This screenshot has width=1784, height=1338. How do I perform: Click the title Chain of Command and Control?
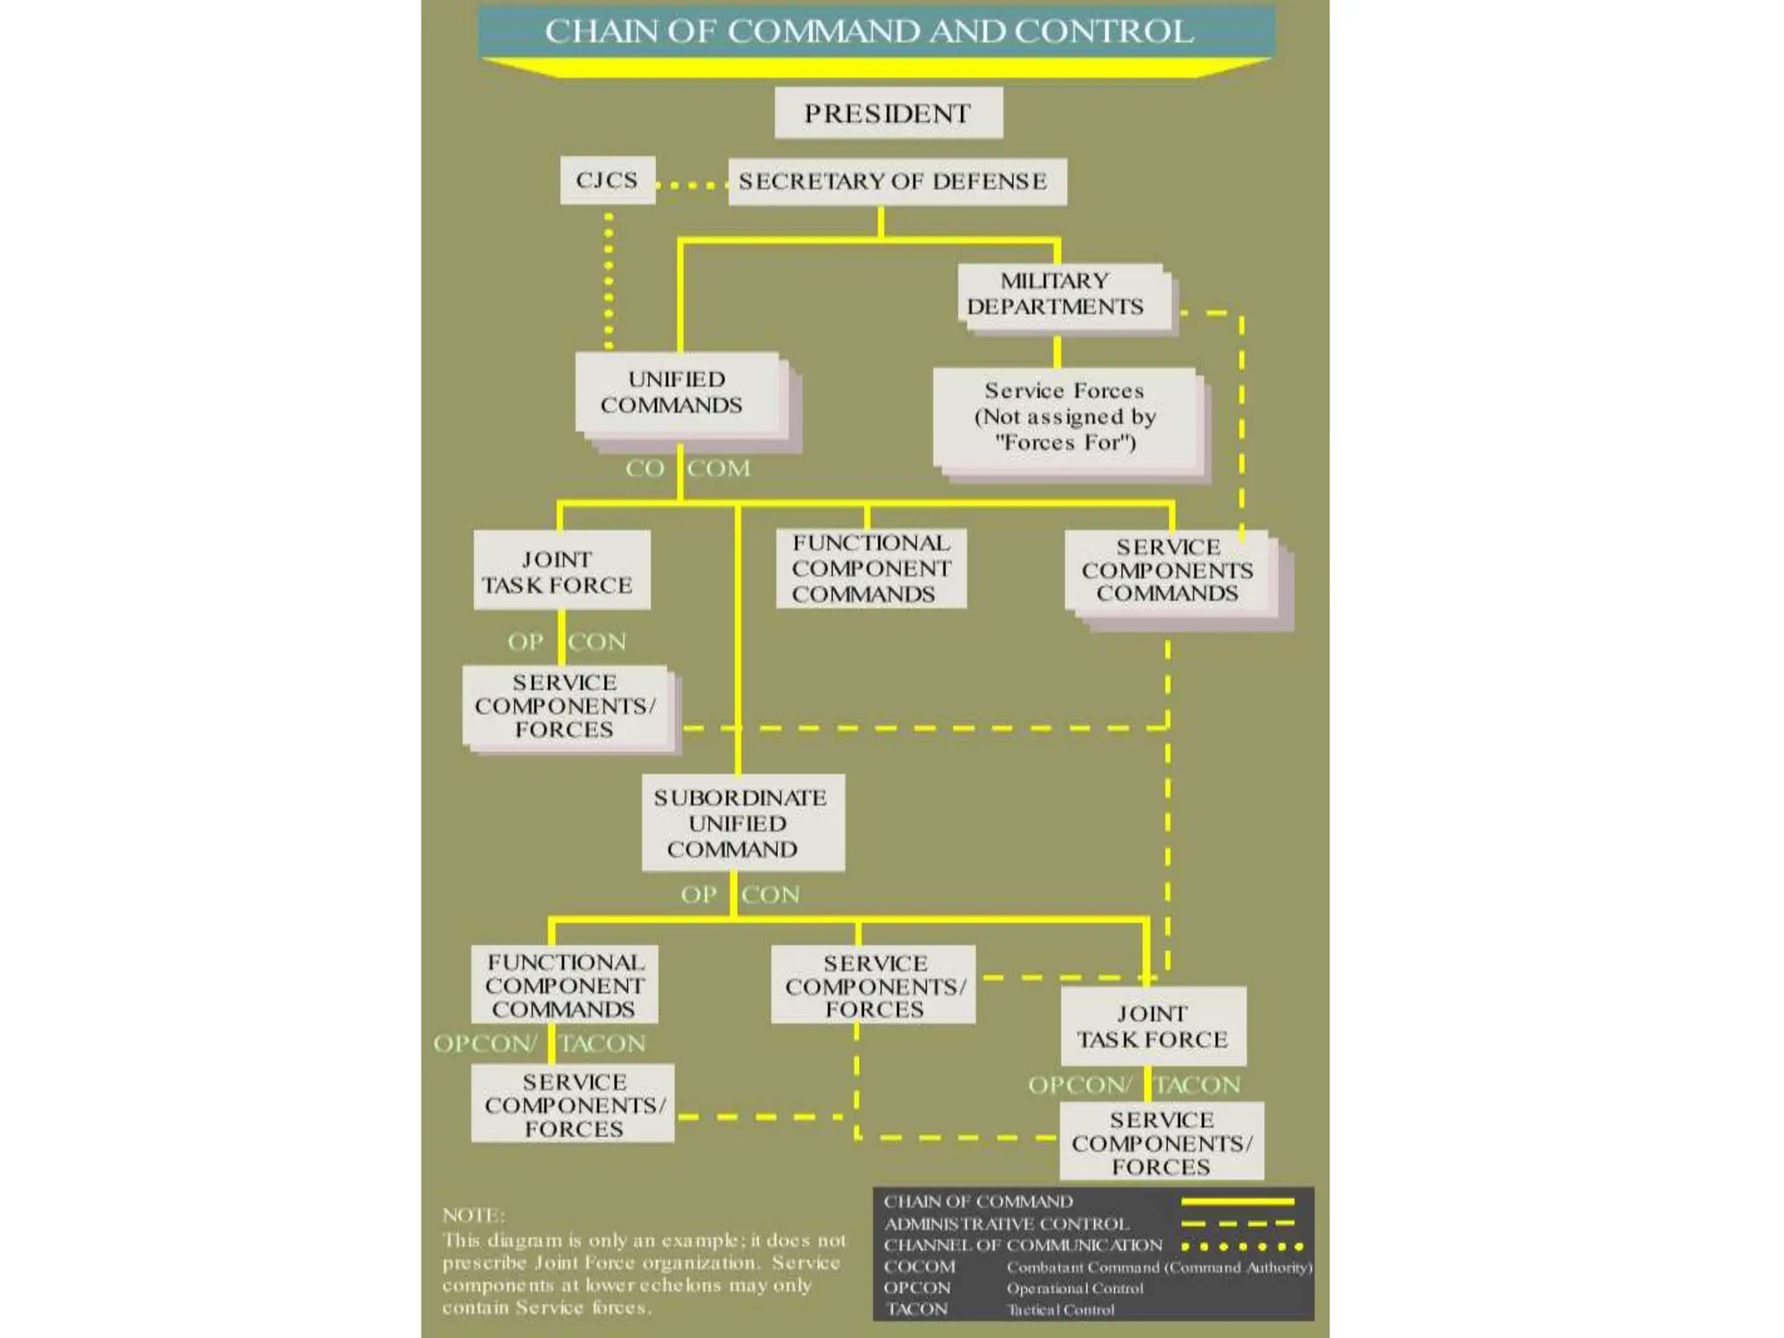click(x=869, y=31)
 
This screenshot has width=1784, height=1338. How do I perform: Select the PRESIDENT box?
click(x=888, y=113)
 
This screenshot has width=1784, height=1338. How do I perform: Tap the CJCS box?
click(x=607, y=180)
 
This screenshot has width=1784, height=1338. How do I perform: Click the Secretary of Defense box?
click(x=895, y=181)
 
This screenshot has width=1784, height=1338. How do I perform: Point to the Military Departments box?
click(x=1056, y=294)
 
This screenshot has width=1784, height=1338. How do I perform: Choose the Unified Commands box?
click(x=676, y=392)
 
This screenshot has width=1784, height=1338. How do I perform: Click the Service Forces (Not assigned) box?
click(x=1064, y=416)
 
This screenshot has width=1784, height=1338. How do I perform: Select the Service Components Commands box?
click(x=1167, y=571)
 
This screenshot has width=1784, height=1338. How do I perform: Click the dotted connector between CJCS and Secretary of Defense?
click(x=692, y=185)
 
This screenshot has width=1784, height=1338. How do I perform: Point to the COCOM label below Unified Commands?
click(x=687, y=469)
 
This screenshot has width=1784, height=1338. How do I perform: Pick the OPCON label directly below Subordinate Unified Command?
click(x=740, y=895)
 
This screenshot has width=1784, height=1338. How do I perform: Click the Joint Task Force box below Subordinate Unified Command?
click(x=1152, y=1026)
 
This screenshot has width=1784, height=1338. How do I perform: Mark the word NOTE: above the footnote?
click(x=473, y=1215)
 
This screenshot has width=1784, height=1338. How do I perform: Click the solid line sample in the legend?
click(x=1237, y=1202)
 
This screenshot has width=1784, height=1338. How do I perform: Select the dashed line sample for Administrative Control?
click(x=1237, y=1224)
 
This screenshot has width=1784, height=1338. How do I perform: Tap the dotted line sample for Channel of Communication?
click(x=1241, y=1246)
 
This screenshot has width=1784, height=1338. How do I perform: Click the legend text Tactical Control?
click(x=1061, y=1309)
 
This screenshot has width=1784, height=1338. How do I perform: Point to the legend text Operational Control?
click(x=1075, y=1288)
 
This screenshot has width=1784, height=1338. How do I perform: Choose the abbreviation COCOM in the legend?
click(x=920, y=1267)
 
